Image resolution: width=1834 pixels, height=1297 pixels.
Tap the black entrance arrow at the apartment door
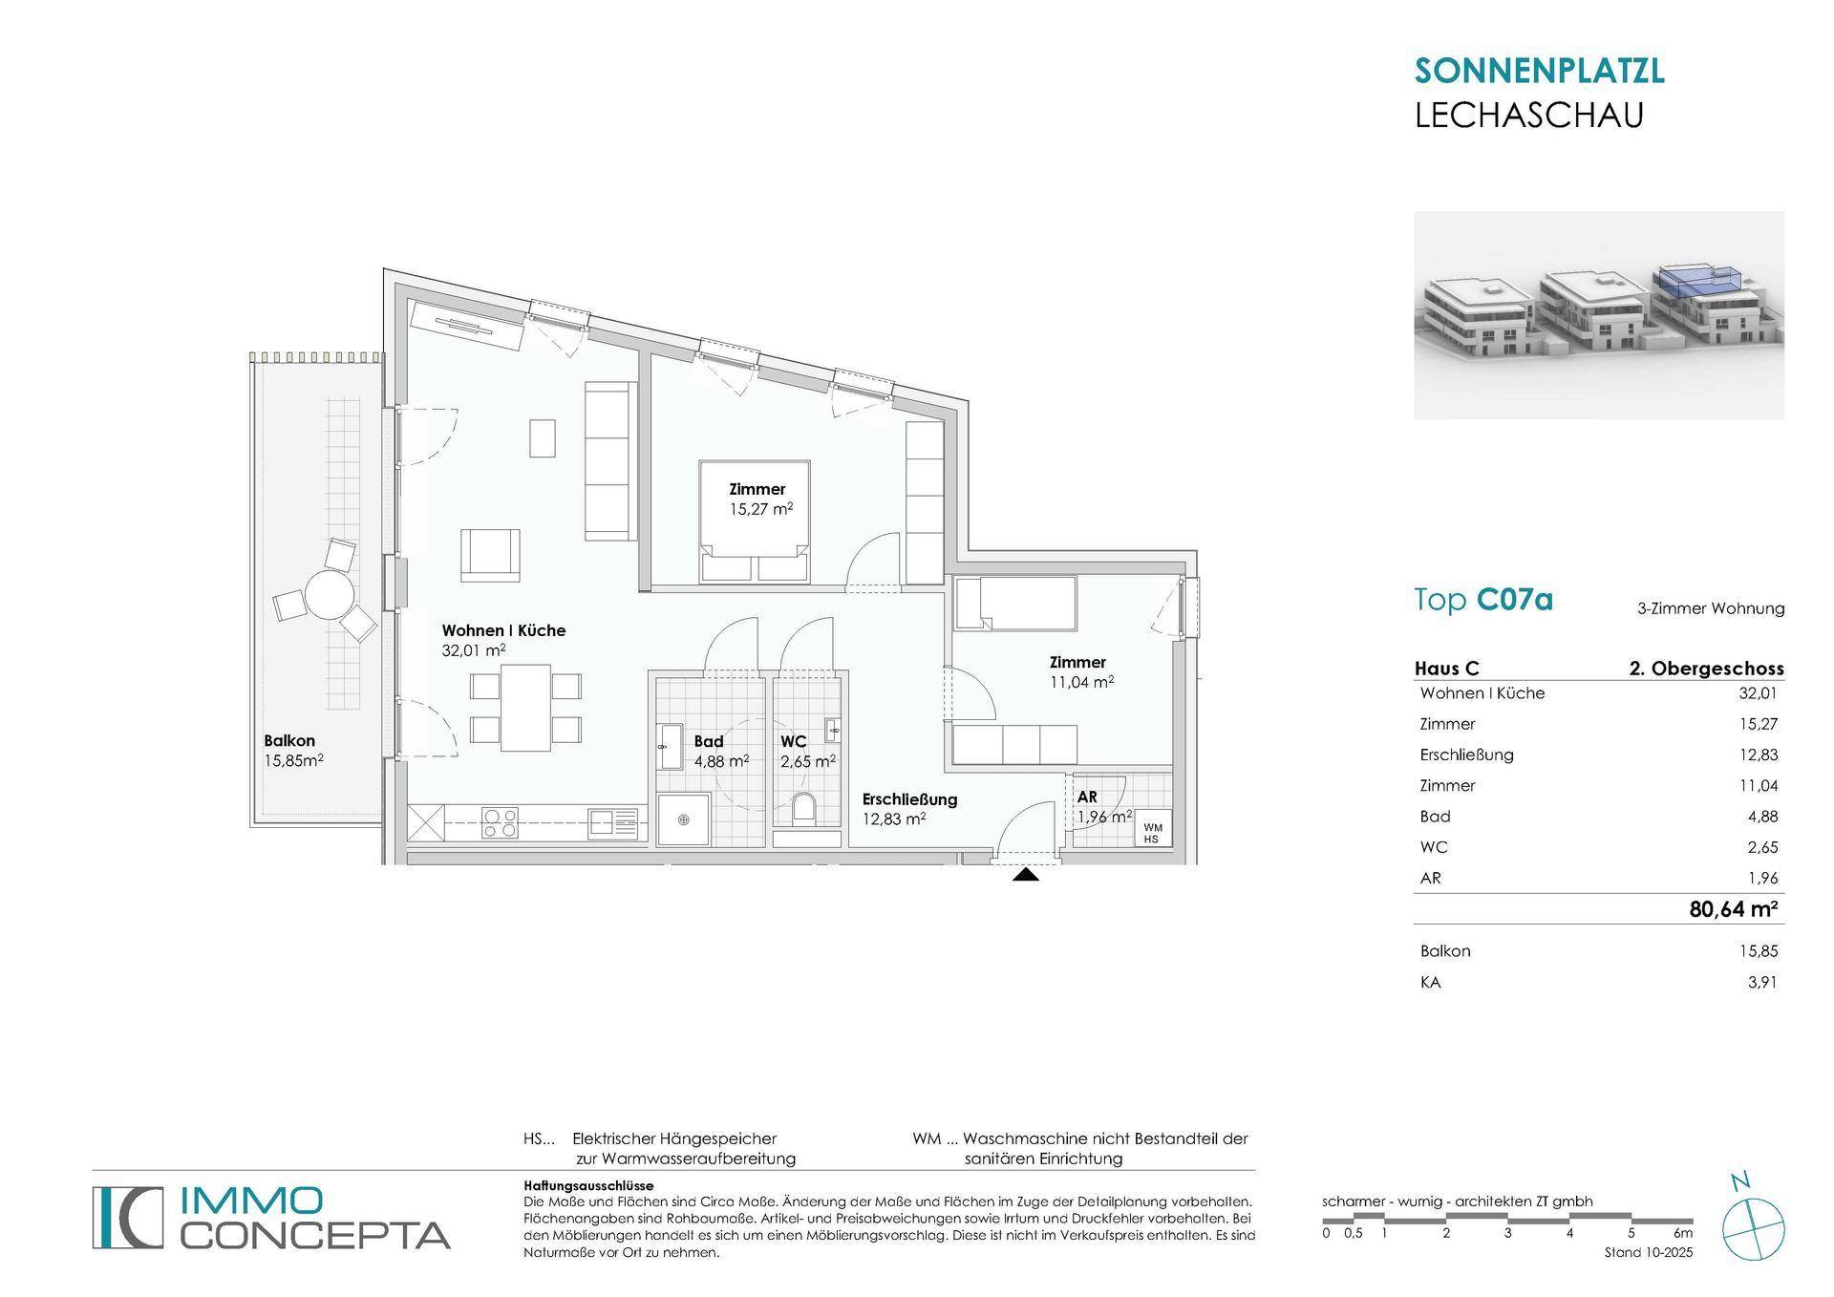tap(1025, 873)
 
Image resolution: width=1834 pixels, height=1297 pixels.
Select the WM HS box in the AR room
tap(1152, 833)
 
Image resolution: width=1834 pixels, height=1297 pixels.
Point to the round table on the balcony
tap(327, 596)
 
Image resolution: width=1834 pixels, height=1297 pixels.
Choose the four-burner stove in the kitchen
tap(500, 823)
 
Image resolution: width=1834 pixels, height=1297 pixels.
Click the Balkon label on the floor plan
tap(289, 740)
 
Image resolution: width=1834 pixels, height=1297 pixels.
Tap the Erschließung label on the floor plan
tap(909, 799)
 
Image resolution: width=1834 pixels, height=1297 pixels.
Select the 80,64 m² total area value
tap(1733, 909)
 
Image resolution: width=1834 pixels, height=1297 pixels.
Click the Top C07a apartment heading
tap(1483, 600)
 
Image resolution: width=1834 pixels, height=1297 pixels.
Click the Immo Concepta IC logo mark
tap(129, 1217)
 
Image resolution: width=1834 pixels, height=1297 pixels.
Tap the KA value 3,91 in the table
tap(1762, 982)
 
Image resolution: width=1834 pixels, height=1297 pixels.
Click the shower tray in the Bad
tap(684, 820)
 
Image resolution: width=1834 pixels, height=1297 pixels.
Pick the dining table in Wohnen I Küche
tap(525, 708)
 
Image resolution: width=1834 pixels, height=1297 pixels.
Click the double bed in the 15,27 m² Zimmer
tap(756, 521)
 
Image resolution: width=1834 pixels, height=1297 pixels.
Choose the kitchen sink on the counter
tap(613, 823)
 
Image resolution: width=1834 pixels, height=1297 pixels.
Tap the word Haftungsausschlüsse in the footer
tap(588, 1185)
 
